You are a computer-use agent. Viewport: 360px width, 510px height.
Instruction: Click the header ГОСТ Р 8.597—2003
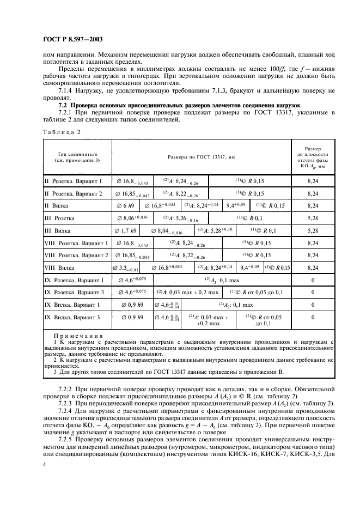(x=72, y=39)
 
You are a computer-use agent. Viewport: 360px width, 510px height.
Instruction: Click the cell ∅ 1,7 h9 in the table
(x=126, y=230)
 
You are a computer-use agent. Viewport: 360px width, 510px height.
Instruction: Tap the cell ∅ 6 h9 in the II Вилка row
(x=125, y=205)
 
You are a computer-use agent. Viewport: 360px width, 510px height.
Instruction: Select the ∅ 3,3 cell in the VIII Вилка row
(x=125, y=268)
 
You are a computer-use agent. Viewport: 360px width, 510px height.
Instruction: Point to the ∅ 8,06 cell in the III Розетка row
(x=132, y=217)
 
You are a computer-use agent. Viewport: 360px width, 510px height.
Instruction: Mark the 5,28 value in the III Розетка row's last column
(x=312, y=217)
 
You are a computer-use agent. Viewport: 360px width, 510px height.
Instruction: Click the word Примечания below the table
(x=75, y=336)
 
